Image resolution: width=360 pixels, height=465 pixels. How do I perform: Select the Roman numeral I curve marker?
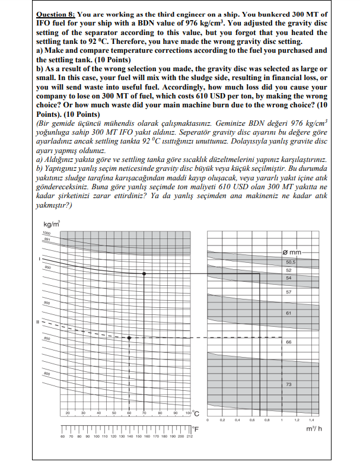point(39,259)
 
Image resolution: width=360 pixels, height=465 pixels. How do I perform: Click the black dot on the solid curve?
point(144,273)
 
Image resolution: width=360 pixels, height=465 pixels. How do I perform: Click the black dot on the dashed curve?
point(129,338)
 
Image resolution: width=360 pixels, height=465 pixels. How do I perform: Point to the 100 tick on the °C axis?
point(187,412)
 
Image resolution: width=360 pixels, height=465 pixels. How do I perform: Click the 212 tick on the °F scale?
point(189,437)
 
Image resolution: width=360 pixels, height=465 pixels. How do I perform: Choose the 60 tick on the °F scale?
point(62,437)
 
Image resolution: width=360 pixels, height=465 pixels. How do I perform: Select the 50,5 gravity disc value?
point(290,262)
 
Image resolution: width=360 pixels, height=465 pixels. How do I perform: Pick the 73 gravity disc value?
point(289,385)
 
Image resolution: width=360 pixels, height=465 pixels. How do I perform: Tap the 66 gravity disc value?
point(289,342)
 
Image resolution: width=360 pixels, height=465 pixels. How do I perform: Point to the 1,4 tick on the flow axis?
point(311,419)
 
